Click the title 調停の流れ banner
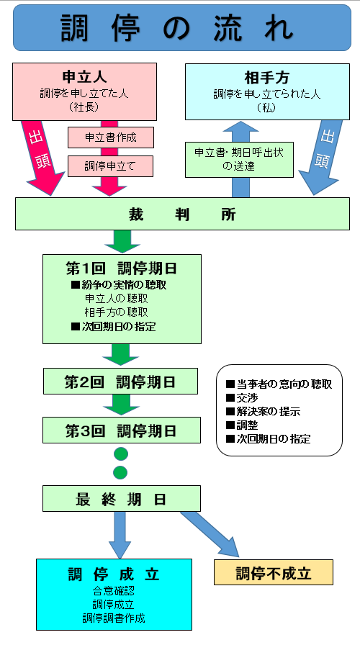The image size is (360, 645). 179,29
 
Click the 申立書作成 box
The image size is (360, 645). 110,137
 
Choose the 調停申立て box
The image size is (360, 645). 110,166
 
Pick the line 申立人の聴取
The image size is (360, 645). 116,298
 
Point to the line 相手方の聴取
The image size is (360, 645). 116,312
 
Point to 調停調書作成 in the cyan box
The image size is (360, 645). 113,618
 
